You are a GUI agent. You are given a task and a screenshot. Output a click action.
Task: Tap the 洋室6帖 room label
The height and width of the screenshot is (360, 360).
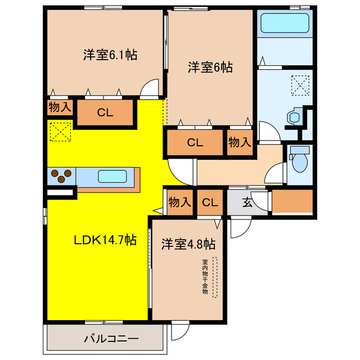pos(210,67)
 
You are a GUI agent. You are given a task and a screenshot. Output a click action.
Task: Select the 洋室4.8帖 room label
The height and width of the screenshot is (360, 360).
pos(188,244)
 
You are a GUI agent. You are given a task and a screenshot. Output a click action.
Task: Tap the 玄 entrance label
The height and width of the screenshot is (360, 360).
pos(247,202)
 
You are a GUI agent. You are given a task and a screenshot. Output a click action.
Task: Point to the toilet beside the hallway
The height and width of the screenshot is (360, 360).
pos(299,161)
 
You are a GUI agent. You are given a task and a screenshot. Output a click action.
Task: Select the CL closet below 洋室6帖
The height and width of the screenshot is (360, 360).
pos(195,142)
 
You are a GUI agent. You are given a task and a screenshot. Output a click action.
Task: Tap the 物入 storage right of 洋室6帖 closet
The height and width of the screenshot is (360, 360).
pos(239,142)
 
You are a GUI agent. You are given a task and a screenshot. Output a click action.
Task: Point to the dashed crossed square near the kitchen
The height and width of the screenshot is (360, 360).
pos(60,132)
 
